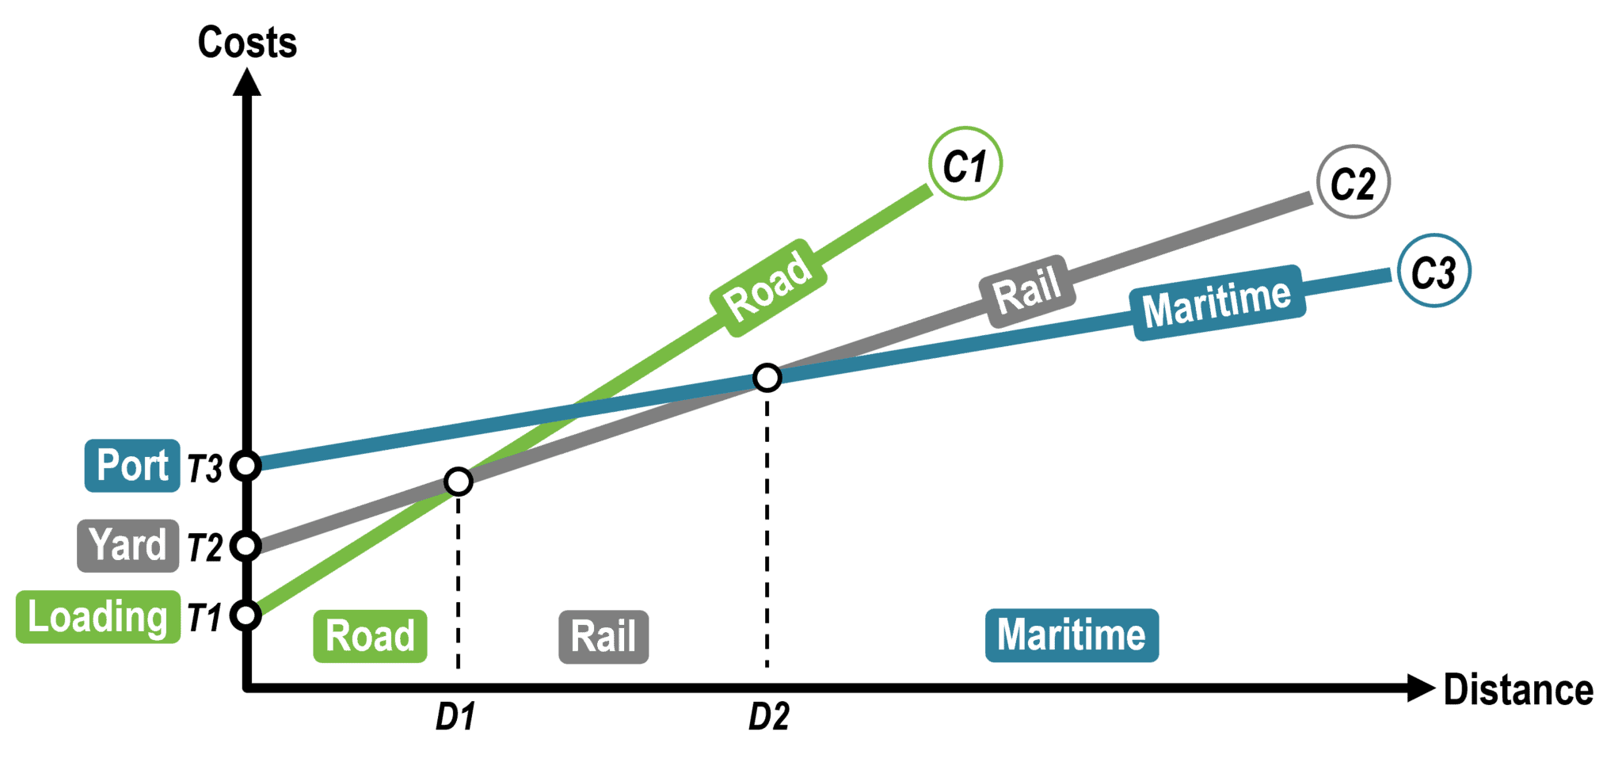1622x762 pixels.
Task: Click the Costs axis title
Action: pos(247,42)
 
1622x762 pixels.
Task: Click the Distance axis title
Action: pos(1517,690)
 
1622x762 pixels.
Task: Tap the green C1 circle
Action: pos(965,164)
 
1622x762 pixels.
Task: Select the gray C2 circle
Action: pos(1353,182)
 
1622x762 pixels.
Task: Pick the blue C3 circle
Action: pos(1434,271)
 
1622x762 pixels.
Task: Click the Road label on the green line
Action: pos(769,288)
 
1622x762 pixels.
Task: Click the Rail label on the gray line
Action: pos(1028,291)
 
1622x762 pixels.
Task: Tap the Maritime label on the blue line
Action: pos(1218,303)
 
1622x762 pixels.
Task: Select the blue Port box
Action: pos(132,465)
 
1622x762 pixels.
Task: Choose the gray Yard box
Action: pos(128,545)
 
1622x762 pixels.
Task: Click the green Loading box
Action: pos(98,616)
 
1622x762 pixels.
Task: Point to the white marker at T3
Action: pos(246,466)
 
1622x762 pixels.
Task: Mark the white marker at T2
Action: pos(246,546)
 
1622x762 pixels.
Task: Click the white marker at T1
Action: pos(246,615)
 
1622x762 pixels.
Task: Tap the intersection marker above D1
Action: pos(459,481)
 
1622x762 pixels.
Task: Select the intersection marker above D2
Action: pos(767,377)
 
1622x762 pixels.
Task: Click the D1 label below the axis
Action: pos(455,717)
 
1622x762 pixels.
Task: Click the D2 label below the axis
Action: pos(768,717)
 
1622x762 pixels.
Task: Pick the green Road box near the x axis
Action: pos(370,636)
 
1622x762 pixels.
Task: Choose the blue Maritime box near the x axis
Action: pos(1072,635)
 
